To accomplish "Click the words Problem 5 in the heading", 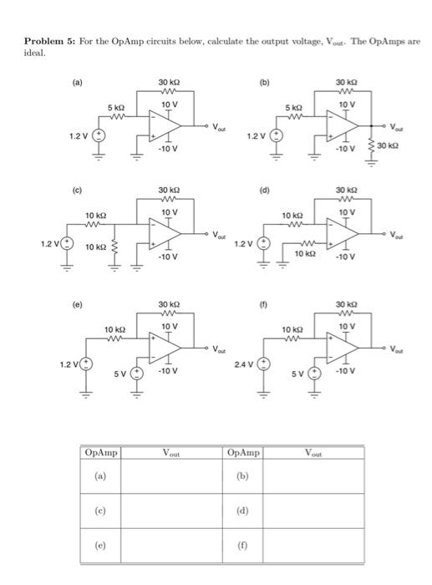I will pos(47,42).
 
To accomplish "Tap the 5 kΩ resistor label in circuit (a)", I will pos(115,108).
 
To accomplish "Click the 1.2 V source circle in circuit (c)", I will pos(65,245).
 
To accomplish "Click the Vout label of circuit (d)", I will pos(399,236).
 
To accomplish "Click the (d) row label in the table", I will pos(244,510).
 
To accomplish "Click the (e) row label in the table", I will pos(102,541).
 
